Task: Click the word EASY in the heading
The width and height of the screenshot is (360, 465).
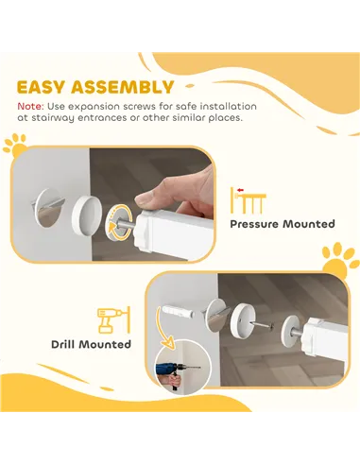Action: pos(41,87)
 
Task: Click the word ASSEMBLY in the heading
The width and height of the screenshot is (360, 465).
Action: pos(123,87)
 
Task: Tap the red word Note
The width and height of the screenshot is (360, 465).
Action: pos(30,107)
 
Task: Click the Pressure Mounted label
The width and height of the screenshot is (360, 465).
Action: pos(283,224)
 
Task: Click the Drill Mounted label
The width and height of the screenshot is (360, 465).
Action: pos(91,344)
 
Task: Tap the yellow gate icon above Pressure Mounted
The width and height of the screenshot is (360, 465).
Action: pos(249,200)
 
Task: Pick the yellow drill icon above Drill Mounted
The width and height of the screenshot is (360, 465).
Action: pos(113,320)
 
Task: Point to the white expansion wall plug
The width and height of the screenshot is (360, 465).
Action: pos(177,311)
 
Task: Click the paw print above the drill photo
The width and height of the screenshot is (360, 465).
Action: pos(339,260)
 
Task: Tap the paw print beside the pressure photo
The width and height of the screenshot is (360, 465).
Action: pos(15,146)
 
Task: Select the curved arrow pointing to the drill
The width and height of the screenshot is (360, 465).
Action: pos(164,329)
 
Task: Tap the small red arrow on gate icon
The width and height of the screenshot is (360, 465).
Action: pos(241,190)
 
